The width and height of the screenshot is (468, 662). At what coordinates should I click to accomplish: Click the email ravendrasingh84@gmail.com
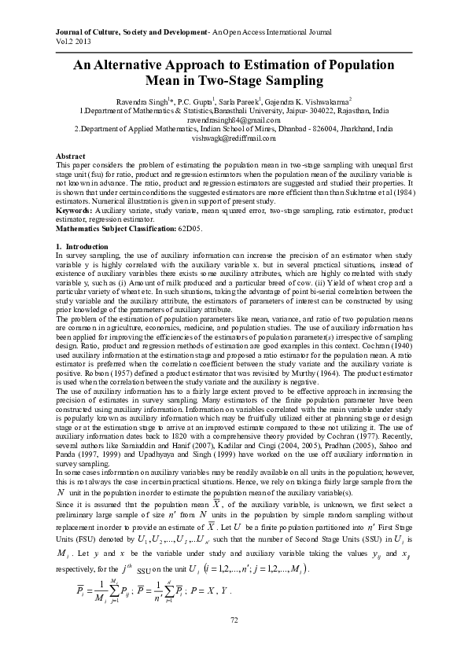[x=234, y=120]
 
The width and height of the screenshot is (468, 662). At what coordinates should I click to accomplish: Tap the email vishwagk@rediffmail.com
[x=234, y=138]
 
